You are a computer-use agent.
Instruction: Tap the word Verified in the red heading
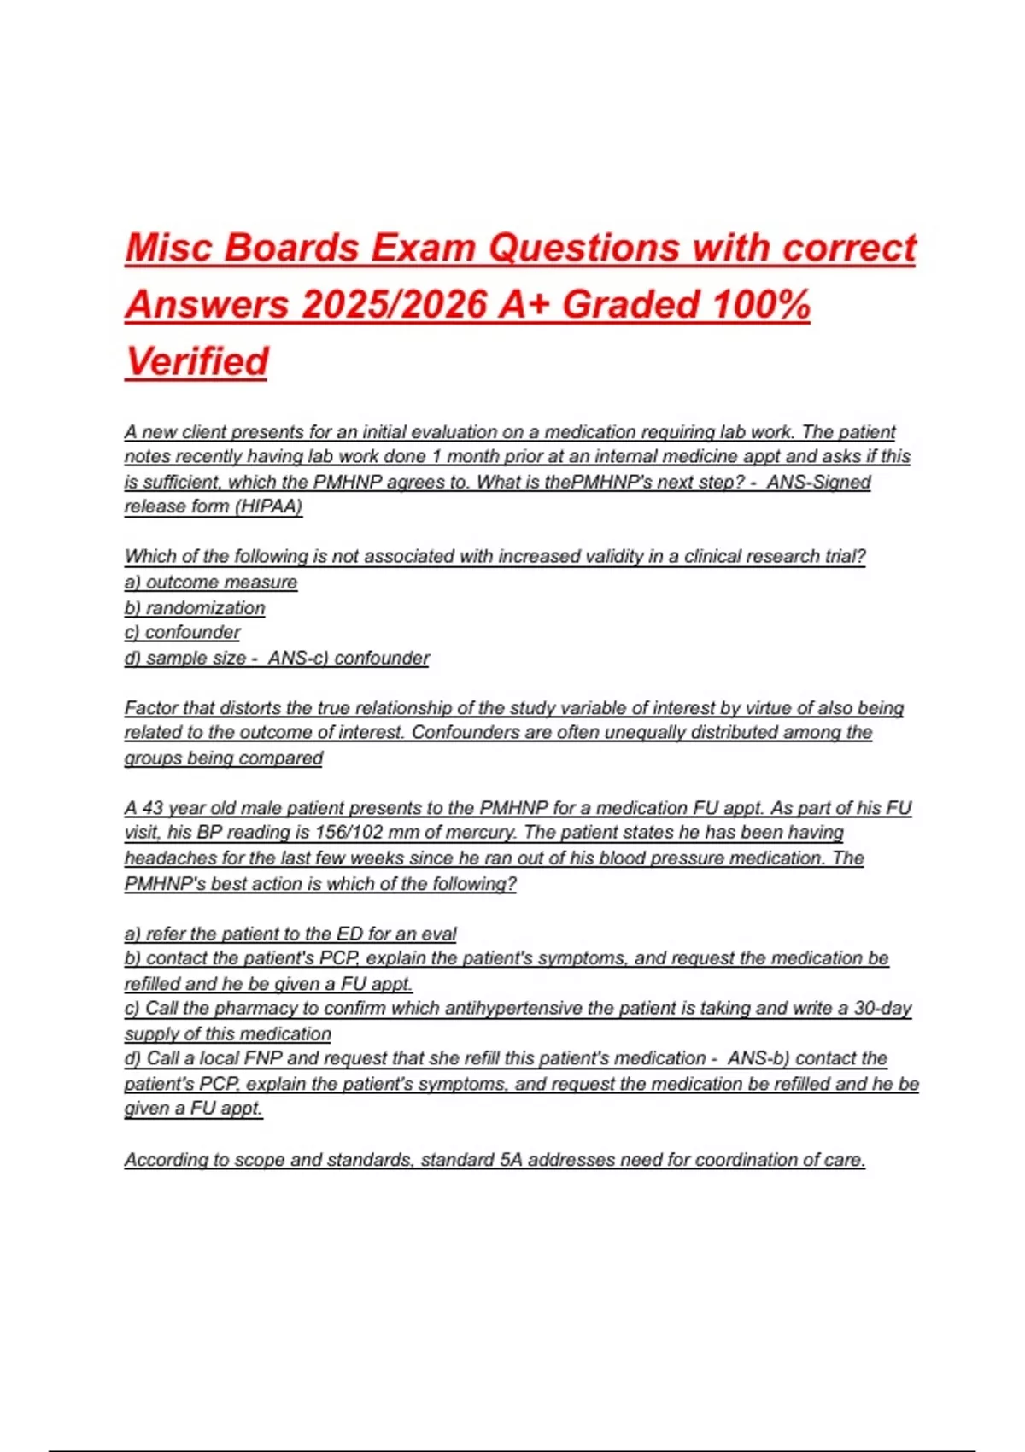click(x=197, y=361)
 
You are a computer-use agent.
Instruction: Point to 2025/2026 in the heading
click(x=394, y=305)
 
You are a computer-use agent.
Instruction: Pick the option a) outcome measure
click(x=211, y=583)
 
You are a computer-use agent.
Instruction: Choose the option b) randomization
click(x=195, y=608)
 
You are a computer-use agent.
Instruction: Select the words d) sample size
click(x=185, y=659)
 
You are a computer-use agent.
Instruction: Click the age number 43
click(x=153, y=808)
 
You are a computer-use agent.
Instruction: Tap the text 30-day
click(x=882, y=1009)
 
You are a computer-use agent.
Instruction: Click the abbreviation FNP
click(x=256, y=1059)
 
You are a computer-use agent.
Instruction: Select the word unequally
click(x=645, y=733)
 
